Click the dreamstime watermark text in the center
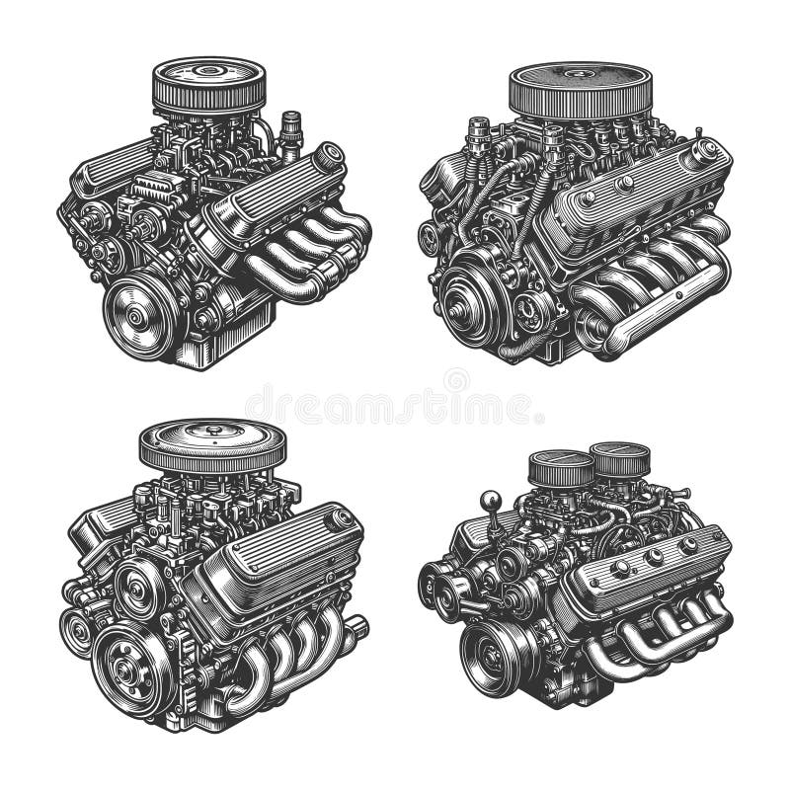pyautogui.click(x=395, y=406)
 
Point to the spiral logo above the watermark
pyautogui.click(x=456, y=378)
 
